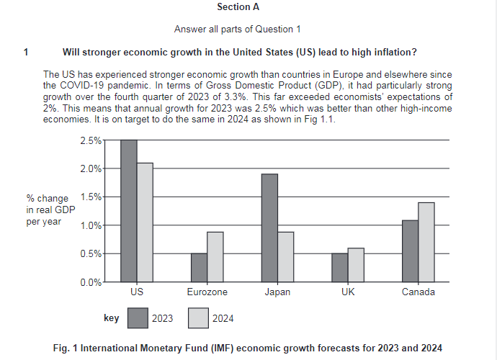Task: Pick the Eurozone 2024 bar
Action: [x=215, y=256]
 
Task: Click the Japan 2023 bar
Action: [x=269, y=228]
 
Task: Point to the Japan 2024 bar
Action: [x=286, y=256]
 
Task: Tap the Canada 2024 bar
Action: [x=426, y=242]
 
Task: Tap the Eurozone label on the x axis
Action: [x=207, y=293]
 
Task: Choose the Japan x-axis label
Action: [x=277, y=293]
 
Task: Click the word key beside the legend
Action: [x=112, y=317]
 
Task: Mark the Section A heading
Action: [x=238, y=7]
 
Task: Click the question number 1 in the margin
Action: [x=26, y=52]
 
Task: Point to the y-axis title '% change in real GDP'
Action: [x=49, y=210]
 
